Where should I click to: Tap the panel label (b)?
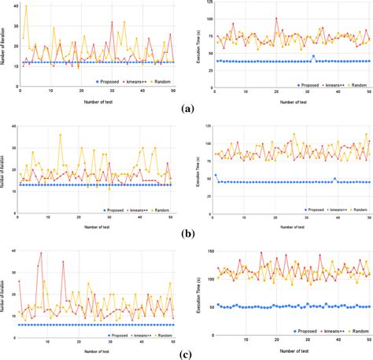pos(186,232)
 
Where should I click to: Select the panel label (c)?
pos(186,353)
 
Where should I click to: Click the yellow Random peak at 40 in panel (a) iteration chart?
pos(26,7)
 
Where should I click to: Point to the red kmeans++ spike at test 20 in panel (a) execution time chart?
pos(276,18)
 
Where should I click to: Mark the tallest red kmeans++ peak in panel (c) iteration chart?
pos(39,254)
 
